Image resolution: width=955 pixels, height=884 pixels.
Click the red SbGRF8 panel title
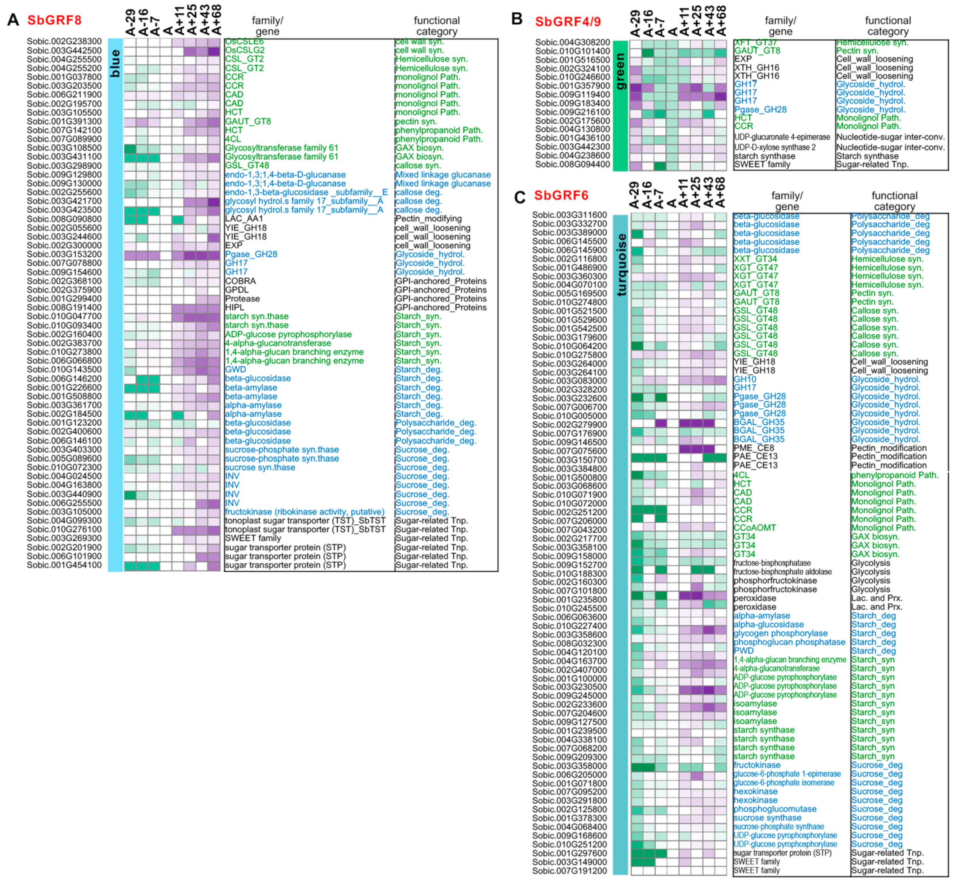pyautogui.click(x=54, y=20)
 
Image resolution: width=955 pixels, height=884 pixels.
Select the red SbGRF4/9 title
pyautogui.click(x=568, y=22)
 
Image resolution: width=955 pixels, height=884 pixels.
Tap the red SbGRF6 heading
pyautogui.click(x=561, y=196)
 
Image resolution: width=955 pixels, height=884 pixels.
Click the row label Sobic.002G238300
pyautogui.click(x=64, y=42)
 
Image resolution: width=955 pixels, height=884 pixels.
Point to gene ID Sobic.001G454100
pyautogui.click(x=64, y=565)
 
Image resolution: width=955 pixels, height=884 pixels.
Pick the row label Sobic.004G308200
pyautogui.click(x=572, y=43)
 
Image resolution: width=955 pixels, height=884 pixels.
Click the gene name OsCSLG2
pyautogui.click(x=245, y=50)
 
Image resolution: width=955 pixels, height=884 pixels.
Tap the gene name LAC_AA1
pyautogui.click(x=244, y=219)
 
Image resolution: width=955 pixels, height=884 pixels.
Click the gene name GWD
pyautogui.click(x=235, y=369)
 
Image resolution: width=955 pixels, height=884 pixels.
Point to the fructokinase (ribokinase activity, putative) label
pyautogui.click(x=305, y=512)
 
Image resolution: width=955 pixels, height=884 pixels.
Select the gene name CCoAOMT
pyautogui.click(x=755, y=528)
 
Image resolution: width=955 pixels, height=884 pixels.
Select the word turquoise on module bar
pyautogui.click(x=621, y=264)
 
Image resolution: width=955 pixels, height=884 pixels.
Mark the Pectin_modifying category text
pyautogui.click(x=428, y=219)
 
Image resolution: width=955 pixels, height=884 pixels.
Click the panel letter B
pyautogui.click(x=517, y=19)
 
